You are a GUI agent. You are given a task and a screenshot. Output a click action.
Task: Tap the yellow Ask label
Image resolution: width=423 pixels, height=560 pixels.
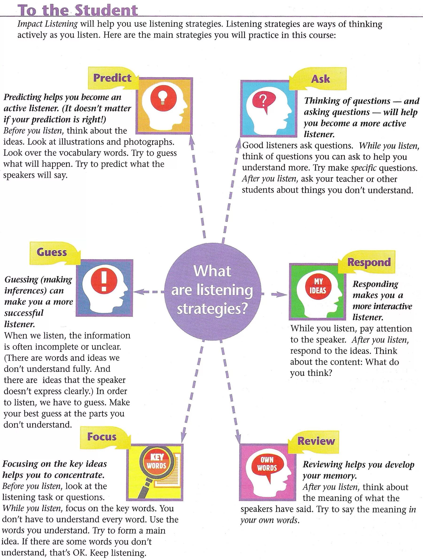320,79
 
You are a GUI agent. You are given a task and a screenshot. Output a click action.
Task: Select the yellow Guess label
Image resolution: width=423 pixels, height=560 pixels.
52,252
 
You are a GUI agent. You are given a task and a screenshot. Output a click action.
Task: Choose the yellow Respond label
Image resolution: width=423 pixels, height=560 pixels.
369,262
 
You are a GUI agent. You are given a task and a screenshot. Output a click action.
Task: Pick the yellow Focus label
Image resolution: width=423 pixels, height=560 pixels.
102,437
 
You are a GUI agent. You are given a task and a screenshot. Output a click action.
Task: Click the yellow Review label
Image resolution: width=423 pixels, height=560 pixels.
316,441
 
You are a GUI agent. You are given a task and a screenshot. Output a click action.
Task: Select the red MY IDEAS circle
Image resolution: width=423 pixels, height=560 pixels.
318,286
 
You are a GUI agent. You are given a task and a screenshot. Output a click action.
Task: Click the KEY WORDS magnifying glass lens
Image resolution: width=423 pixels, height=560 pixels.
157,461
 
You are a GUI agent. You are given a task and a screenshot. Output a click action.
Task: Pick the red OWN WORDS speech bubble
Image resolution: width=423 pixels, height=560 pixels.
267,464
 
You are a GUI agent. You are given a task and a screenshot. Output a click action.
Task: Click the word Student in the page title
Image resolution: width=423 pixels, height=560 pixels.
106,11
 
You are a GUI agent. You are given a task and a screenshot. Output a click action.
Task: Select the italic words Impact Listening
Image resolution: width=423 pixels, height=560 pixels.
47,24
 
